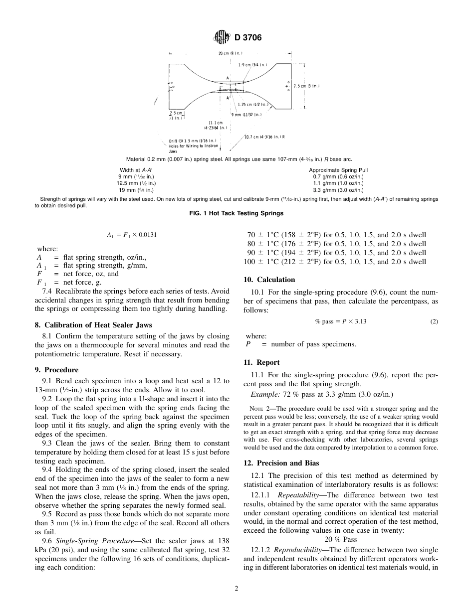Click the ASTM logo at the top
[221, 37]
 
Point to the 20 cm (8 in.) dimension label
[230, 53]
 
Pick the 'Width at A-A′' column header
[136, 170]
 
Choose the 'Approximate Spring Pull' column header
[338, 170]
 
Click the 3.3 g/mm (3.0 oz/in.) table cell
[338, 190]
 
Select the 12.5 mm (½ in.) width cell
[136, 183]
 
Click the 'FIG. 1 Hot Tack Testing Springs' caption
[237, 213]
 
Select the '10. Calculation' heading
[269, 280]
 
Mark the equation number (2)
[434, 321]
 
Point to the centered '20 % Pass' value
[340, 539]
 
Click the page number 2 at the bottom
[237, 589]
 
